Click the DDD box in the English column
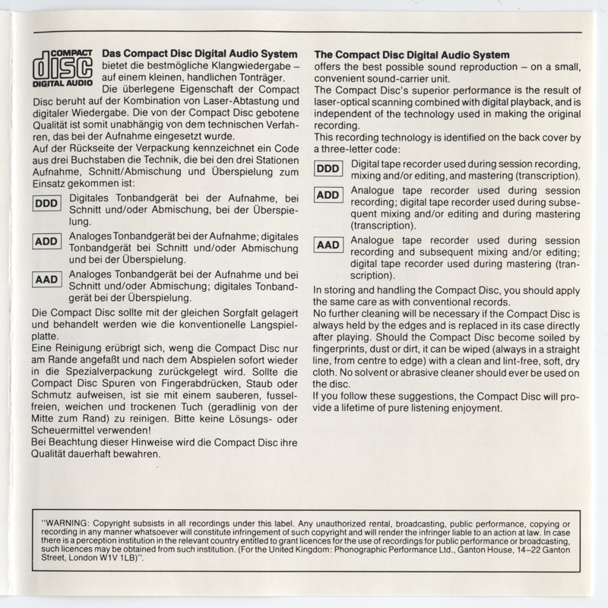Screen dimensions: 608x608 (x=328, y=169)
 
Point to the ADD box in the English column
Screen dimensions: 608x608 (x=328, y=195)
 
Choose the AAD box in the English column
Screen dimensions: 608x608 (x=328, y=245)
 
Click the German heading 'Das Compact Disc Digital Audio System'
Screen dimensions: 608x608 (x=199, y=54)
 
